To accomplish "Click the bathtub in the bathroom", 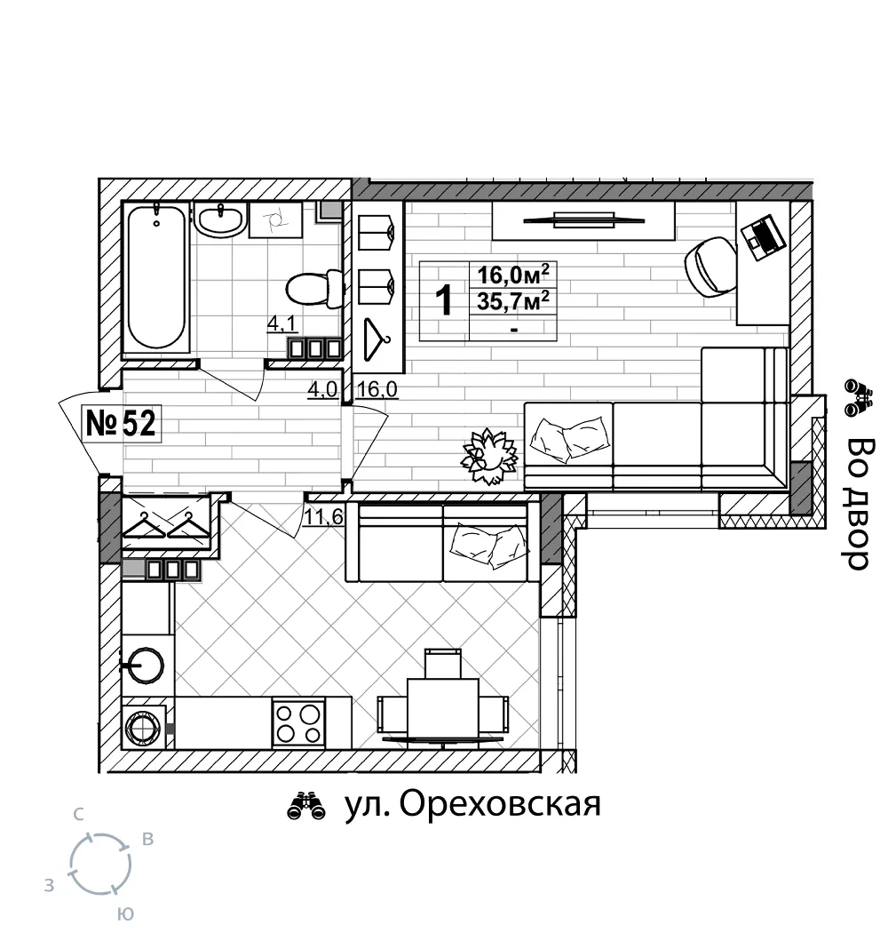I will pyautogui.click(x=156, y=277).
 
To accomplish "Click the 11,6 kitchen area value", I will pyautogui.click(x=323, y=518).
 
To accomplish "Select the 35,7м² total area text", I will pyautogui.click(x=513, y=301).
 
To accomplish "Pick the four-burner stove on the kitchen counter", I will pyautogui.click(x=298, y=722).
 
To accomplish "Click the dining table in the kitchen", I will pyautogui.click(x=442, y=708).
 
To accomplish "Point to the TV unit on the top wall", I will pyautogui.click(x=583, y=219).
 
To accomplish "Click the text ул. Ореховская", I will pyautogui.click(x=472, y=804).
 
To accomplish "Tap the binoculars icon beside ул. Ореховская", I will pyautogui.click(x=306, y=806).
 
